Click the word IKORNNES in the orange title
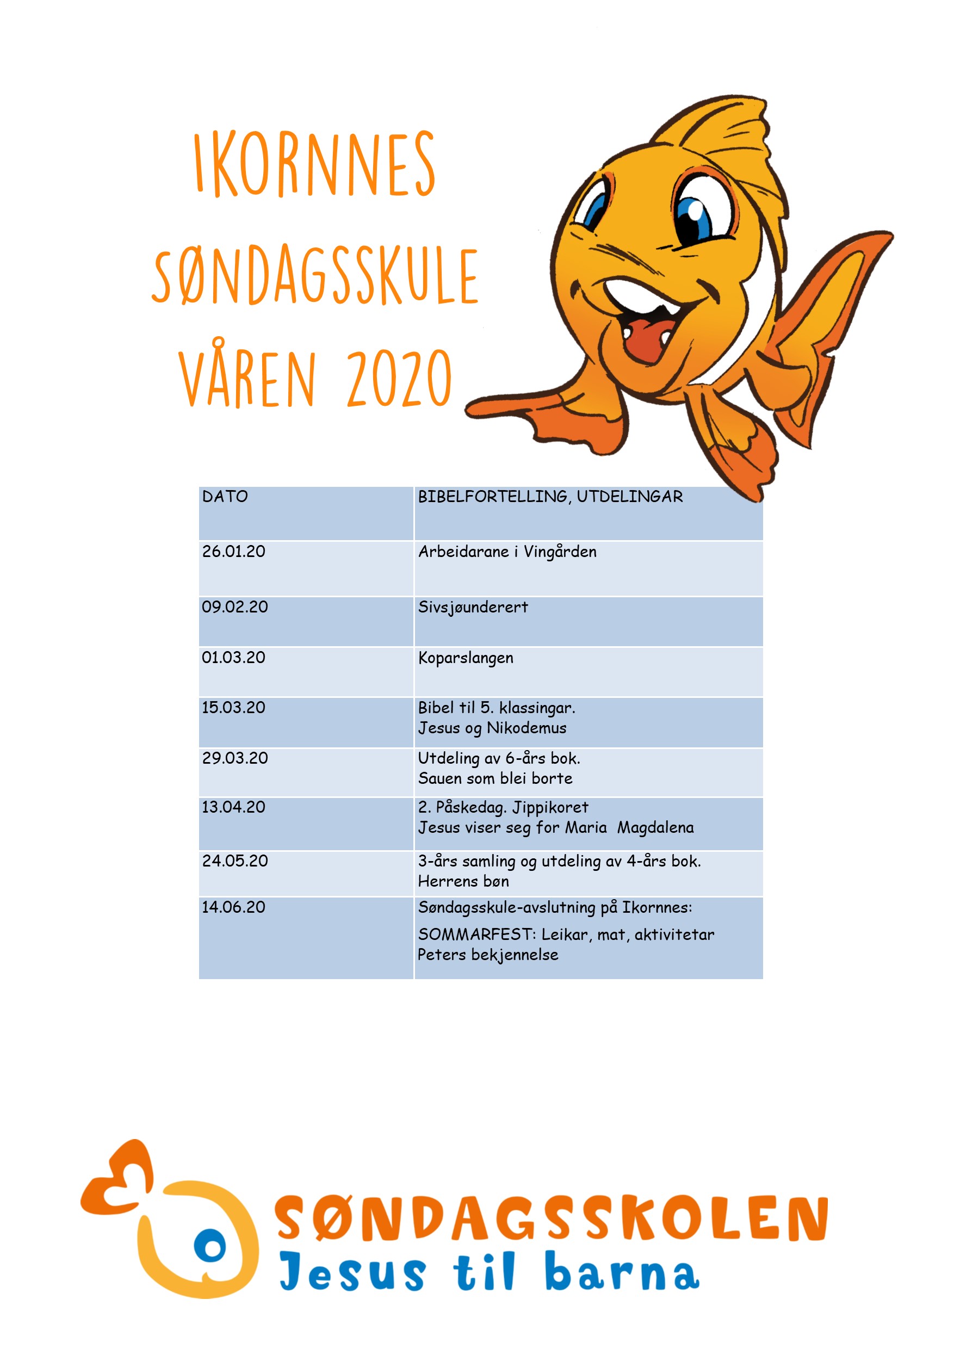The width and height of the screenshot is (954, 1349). point(315,164)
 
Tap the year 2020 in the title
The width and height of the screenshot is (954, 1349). point(399,379)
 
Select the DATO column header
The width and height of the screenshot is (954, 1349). point(225,497)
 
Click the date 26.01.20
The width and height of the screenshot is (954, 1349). point(234,552)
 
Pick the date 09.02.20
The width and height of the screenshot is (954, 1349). point(235,607)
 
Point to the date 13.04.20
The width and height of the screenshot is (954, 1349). point(234,807)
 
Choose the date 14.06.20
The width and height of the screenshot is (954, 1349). point(234,907)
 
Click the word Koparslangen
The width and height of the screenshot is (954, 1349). point(466,658)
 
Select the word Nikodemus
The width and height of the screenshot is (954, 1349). point(526,728)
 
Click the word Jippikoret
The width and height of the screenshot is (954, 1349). point(550,808)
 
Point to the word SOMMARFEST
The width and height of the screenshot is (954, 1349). point(475,935)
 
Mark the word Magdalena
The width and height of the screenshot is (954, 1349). point(655,828)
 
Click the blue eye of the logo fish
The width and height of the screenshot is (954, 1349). point(210,1247)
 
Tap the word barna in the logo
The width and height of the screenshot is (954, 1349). point(622,1273)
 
